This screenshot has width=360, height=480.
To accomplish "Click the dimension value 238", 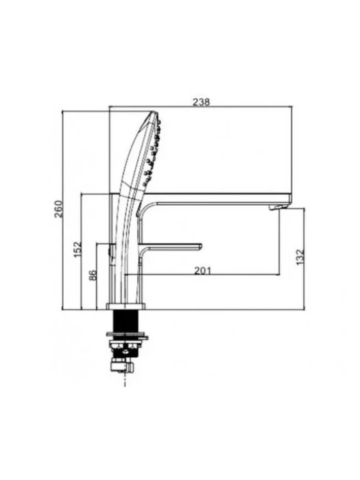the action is tap(201, 101).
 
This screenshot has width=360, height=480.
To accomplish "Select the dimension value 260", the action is tap(58, 209).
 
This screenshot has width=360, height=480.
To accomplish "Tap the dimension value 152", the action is tap(78, 250).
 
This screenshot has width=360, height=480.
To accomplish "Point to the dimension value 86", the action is tap(93, 274).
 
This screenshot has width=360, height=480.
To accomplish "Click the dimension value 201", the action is tap(203, 271).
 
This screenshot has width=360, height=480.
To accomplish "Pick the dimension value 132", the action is tap(300, 257).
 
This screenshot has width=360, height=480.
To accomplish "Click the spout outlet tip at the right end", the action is tap(278, 208).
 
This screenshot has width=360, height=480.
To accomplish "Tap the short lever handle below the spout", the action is tap(170, 247).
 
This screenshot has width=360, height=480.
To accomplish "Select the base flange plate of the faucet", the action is tap(125, 307).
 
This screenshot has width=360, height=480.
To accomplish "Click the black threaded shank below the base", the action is tap(125, 321).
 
